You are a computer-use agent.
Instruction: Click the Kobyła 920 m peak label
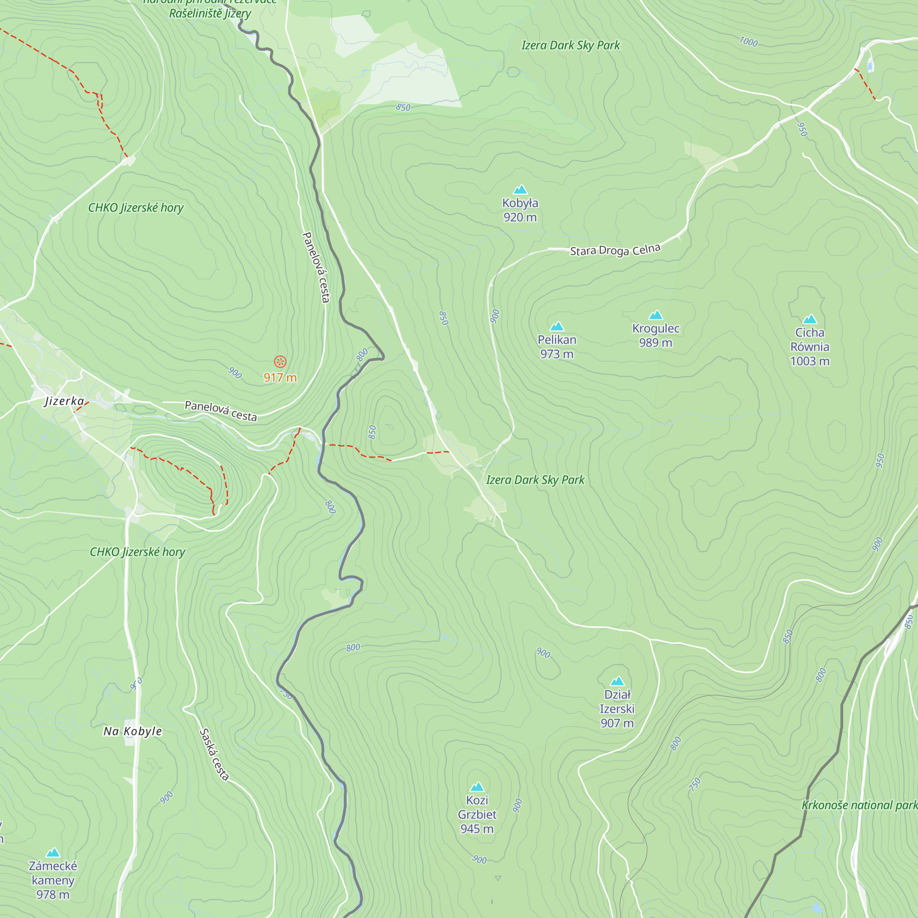click(x=520, y=210)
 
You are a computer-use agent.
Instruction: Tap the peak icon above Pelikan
click(x=556, y=326)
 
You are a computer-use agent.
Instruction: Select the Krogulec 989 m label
click(x=655, y=336)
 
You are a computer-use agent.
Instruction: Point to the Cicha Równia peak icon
click(x=809, y=319)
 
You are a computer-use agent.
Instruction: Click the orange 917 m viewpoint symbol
click(x=280, y=362)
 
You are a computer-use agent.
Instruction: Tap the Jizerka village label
click(x=64, y=401)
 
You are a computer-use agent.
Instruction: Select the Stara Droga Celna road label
click(x=615, y=250)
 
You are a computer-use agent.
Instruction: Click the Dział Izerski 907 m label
click(x=617, y=708)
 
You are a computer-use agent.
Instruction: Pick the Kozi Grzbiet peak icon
click(x=476, y=787)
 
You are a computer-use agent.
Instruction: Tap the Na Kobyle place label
click(x=133, y=731)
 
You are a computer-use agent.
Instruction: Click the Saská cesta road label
click(x=214, y=754)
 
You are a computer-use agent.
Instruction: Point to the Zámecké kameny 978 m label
click(x=53, y=880)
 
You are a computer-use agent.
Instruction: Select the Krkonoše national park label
click(x=859, y=805)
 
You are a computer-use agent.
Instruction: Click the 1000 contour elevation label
click(x=748, y=42)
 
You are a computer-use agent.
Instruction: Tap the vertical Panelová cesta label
click(x=316, y=267)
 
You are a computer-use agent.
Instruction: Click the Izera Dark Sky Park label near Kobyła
click(x=570, y=45)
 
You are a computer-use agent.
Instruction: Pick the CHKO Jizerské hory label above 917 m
click(x=136, y=207)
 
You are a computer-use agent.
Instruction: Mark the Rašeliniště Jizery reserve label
click(x=210, y=13)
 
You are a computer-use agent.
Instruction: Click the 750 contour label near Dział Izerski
click(x=694, y=784)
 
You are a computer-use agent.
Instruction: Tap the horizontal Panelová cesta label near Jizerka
click(x=220, y=411)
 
